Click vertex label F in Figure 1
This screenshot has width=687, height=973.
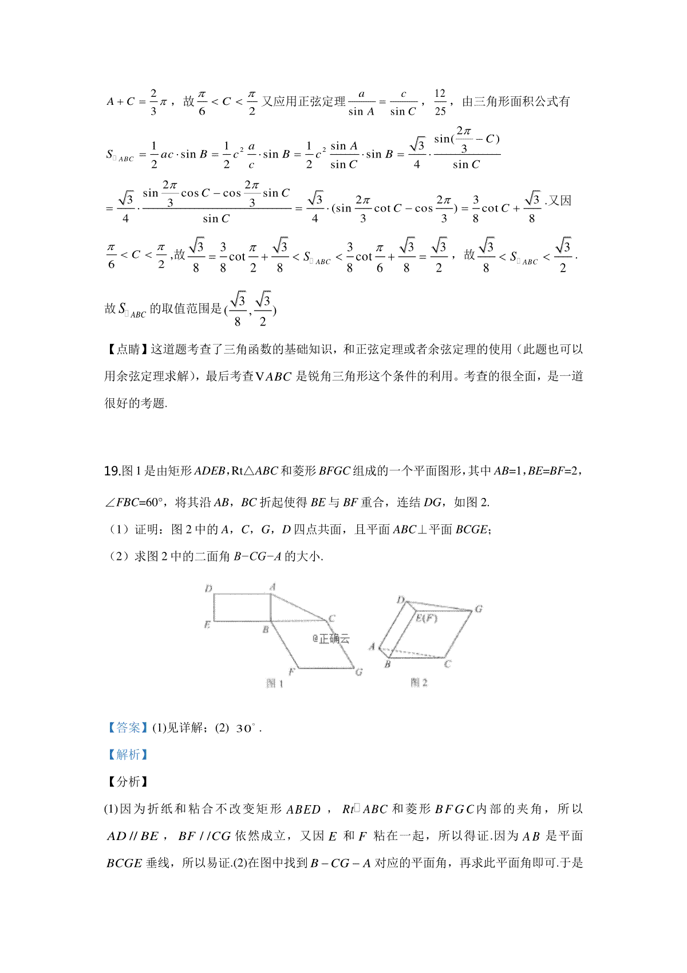click(x=291, y=671)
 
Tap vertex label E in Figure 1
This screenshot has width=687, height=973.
click(x=207, y=625)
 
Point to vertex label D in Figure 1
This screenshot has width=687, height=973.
click(x=208, y=588)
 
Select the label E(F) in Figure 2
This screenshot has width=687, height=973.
click(x=426, y=618)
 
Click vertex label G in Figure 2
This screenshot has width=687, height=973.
click(x=479, y=609)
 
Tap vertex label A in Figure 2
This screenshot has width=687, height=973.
click(x=372, y=646)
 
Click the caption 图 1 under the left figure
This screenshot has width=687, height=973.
click(x=275, y=683)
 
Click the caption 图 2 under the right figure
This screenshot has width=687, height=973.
click(x=419, y=682)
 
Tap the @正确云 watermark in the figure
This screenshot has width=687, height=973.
click(x=331, y=638)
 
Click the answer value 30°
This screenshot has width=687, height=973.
click(x=247, y=728)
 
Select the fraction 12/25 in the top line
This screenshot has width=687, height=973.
click(x=440, y=102)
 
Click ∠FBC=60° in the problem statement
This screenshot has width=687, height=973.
click(x=135, y=503)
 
